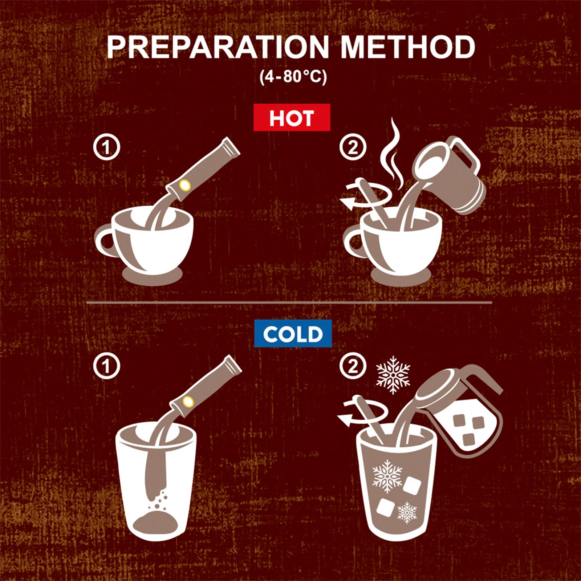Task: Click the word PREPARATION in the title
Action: click(218, 47)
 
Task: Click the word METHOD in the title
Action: click(408, 47)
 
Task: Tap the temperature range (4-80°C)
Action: click(293, 77)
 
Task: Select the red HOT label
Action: click(292, 118)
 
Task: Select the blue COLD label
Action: click(293, 333)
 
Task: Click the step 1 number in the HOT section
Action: click(106, 147)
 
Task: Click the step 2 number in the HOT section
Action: click(353, 147)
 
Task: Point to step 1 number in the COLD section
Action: click(106, 366)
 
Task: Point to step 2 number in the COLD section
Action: click(353, 366)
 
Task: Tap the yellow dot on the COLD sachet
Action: click(188, 402)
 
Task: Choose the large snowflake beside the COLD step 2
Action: click(393, 375)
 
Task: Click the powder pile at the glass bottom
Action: click(155, 522)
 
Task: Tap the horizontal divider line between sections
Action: click(289, 302)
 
